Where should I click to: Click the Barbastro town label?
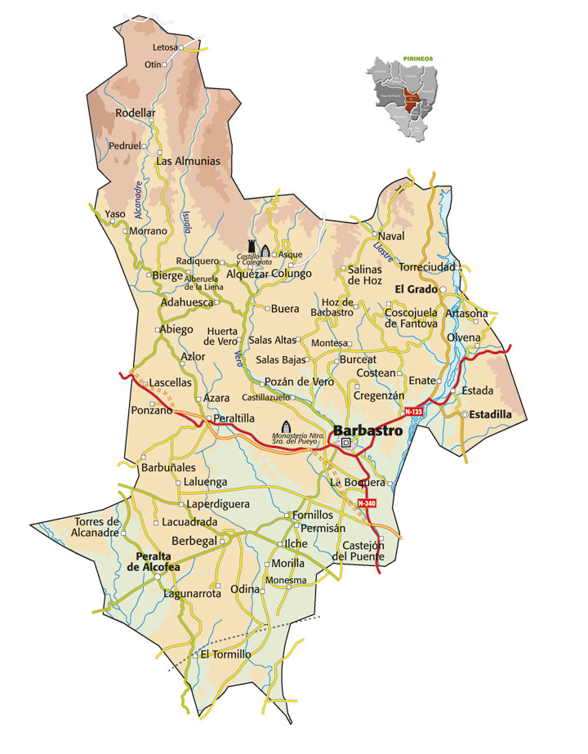[367, 431]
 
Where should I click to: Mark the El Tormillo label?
[225, 654]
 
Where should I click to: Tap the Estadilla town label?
[489, 415]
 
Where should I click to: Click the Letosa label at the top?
[165, 47]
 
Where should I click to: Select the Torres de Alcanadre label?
[97, 527]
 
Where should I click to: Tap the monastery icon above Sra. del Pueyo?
[286, 426]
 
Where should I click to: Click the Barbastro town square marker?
[345, 444]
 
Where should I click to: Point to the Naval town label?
[392, 236]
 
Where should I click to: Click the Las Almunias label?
[188, 161]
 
